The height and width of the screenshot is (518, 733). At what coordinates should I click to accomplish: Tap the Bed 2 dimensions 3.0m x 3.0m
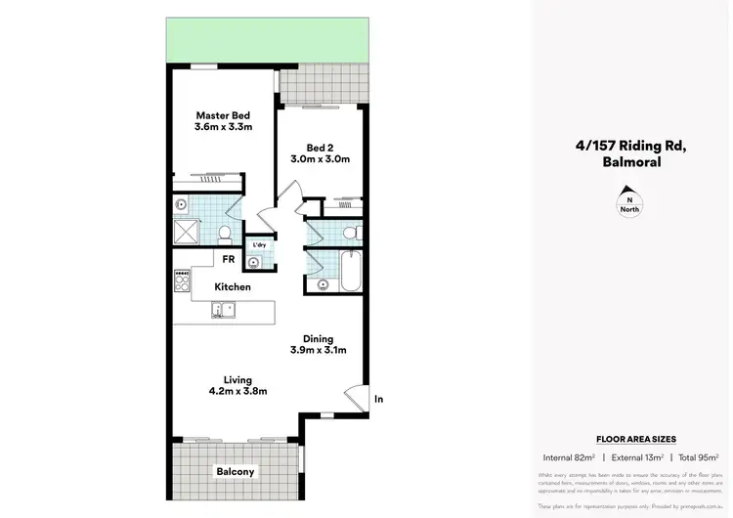[320, 158]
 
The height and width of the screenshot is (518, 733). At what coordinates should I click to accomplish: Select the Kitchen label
[234, 287]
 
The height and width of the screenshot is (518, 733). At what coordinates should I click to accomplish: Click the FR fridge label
[227, 259]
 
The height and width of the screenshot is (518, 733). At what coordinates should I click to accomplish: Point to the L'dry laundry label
[260, 245]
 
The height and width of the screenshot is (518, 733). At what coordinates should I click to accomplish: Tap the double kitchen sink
[224, 311]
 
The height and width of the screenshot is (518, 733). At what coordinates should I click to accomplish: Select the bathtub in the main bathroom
[351, 270]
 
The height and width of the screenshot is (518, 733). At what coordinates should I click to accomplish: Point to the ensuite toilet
[225, 233]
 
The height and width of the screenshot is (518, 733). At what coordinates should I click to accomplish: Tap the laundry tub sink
[255, 261]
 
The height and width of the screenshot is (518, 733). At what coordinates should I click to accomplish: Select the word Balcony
[235, 472]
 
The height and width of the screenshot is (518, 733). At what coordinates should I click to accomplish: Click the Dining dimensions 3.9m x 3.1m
[319, 350]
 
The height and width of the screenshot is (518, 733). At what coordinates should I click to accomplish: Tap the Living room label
[237, 379]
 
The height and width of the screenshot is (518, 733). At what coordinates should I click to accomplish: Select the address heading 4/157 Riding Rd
[630, 148]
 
